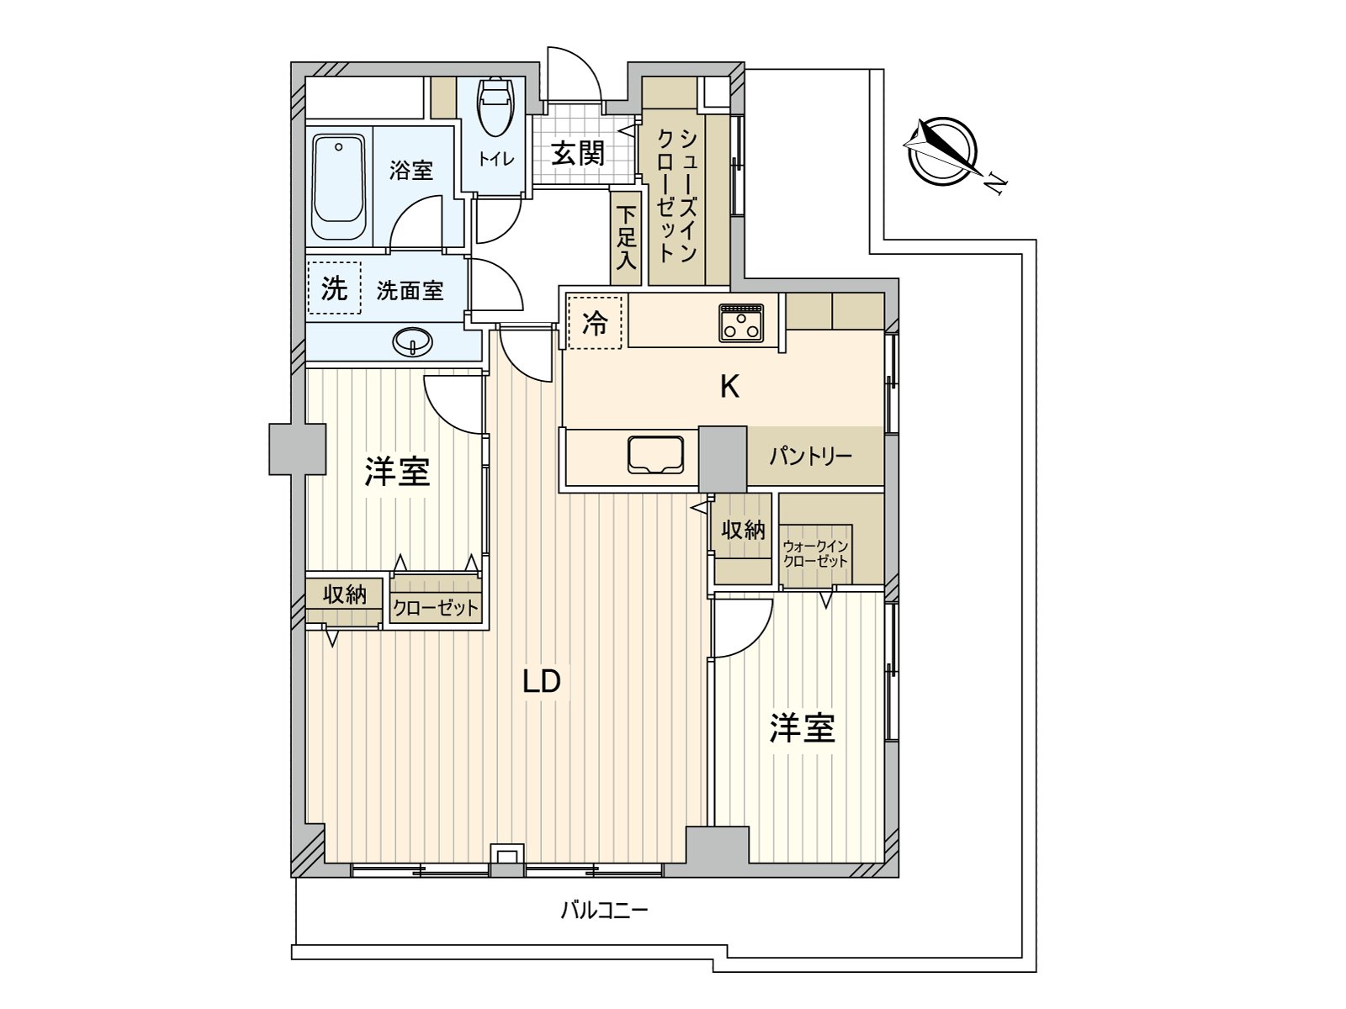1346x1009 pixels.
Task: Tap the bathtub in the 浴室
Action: (x=339, y=188)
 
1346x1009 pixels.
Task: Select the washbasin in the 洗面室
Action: (x=413, y=342)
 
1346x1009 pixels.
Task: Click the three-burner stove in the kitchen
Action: (x=742, y=322)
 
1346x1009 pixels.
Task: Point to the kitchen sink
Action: (x=655, y=454)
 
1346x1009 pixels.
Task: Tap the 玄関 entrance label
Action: (x=578, y=153)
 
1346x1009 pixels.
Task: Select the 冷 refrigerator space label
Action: (x=594, y=324)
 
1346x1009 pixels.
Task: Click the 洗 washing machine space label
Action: (x=334, y=288)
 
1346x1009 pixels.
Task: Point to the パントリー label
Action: (x=811, y=457)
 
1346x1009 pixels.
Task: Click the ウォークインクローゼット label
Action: (x=815, y=553)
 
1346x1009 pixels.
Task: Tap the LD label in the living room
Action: (x=542, y=680)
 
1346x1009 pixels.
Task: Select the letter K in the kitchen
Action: (x=729, y=387)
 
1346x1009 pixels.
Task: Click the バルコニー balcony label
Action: (x=605, y=911)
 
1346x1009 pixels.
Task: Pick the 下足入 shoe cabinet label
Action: (x=626, y=238)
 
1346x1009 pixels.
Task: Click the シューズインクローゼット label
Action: (x=677, y=195)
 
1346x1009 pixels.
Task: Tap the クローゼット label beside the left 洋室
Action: (x=436, y=608)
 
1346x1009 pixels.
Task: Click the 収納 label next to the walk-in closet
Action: (x=743, y=530)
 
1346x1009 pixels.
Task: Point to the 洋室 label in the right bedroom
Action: (x=802, y=728)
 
